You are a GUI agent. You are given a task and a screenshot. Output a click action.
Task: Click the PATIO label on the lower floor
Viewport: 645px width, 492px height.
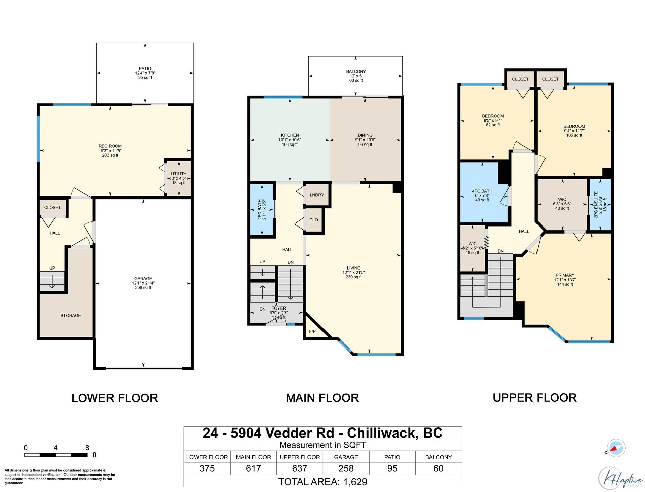145,68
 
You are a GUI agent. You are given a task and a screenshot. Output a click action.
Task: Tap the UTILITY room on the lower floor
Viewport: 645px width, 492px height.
179,178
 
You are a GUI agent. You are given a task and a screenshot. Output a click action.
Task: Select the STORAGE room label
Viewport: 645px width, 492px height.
71,315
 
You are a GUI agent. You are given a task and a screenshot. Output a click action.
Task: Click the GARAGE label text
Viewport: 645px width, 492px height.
143,278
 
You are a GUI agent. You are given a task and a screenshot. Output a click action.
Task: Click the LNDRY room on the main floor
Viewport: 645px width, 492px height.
317,195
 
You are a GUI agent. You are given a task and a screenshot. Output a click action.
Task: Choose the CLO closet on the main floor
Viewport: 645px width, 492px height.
313,220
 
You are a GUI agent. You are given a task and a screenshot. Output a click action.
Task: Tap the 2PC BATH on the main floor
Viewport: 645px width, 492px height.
262,210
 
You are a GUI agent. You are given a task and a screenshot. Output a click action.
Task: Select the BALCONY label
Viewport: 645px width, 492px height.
356,71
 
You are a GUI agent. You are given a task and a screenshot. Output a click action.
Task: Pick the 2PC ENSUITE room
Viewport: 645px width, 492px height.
600,205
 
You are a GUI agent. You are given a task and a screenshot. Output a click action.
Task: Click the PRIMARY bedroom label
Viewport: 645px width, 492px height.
565,275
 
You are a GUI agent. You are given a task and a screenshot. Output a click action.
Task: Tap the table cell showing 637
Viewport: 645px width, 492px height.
300,468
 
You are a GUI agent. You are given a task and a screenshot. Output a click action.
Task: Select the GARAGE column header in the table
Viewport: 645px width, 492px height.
346,457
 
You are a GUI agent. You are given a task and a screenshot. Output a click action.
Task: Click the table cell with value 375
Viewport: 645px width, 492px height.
207,468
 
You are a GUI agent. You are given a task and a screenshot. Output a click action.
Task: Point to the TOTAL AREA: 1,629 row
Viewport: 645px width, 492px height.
322,482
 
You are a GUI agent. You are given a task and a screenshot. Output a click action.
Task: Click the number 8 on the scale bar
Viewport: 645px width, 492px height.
87,448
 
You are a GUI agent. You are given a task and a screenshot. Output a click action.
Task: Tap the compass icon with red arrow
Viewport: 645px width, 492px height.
616,448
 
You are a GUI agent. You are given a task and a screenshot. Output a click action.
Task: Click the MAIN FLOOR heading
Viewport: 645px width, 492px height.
322,398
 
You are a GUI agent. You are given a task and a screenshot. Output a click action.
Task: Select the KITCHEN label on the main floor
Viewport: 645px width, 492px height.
290,135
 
